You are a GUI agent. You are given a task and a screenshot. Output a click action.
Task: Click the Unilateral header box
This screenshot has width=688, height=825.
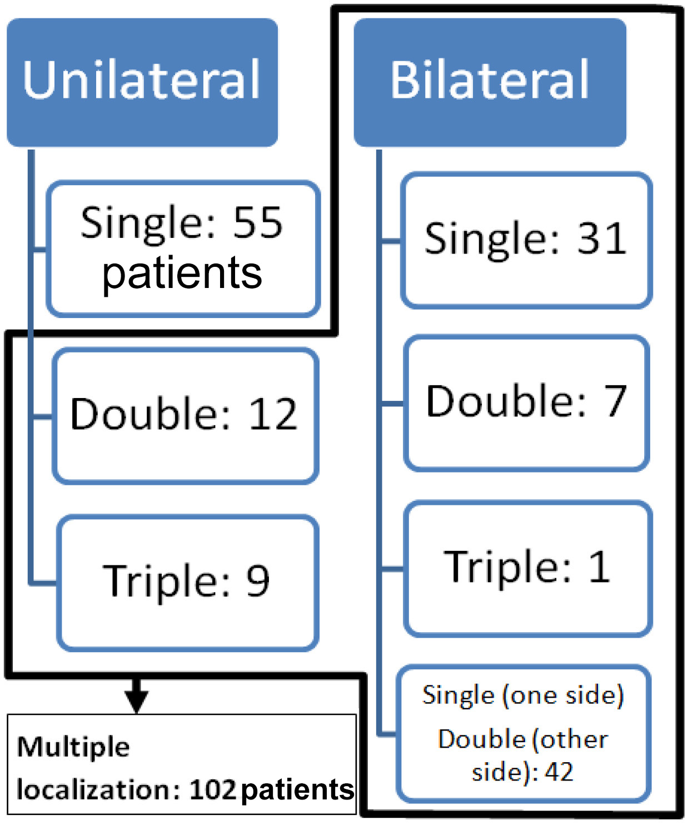point(142,82)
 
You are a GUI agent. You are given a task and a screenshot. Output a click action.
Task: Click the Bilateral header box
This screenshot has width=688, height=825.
point(490,82)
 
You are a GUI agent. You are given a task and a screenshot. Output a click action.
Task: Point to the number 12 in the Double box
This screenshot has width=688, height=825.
point(272,415)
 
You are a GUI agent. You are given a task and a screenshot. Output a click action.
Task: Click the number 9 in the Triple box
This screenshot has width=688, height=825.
point(258,582)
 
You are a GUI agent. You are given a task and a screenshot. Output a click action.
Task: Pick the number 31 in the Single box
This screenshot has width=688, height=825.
point(602,239)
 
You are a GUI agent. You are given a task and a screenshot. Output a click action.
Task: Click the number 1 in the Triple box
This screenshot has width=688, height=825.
point(599,567)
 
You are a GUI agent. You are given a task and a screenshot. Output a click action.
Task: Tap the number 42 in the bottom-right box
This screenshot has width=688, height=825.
point(559,772)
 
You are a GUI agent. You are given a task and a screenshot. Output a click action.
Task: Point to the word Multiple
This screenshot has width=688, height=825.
point(73,747)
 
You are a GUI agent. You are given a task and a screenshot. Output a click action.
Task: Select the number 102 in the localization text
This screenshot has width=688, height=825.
point(213,790)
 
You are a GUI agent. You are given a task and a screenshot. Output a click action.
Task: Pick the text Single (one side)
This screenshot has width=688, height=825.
point(523,695)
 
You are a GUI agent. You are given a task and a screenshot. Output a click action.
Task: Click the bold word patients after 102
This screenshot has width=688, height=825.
point(298,790)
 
